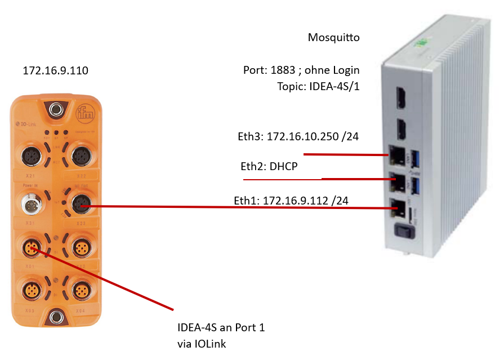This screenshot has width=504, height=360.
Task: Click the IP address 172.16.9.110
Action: [55, 71]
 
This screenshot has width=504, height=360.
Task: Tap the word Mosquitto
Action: [333, 38]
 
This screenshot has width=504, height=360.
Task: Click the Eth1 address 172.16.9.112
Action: [306, 201]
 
